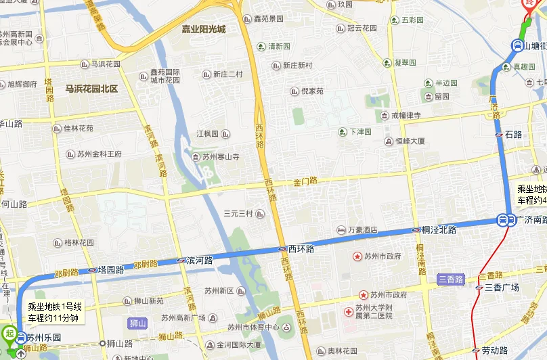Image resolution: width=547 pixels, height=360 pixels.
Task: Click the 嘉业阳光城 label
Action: [203, 30]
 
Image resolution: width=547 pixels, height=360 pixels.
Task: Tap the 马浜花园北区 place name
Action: [91, 89]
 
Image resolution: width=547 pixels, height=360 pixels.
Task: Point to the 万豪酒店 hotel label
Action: [362, 230]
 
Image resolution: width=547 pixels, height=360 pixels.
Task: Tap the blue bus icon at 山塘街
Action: [516, 45]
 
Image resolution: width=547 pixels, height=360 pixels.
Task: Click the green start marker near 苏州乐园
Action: [9, 333]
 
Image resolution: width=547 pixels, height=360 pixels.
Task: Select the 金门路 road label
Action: [305, 181]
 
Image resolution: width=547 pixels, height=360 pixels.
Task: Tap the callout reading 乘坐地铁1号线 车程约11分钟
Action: [54, 312]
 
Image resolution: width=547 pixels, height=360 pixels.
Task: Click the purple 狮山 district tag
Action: [137, 323]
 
